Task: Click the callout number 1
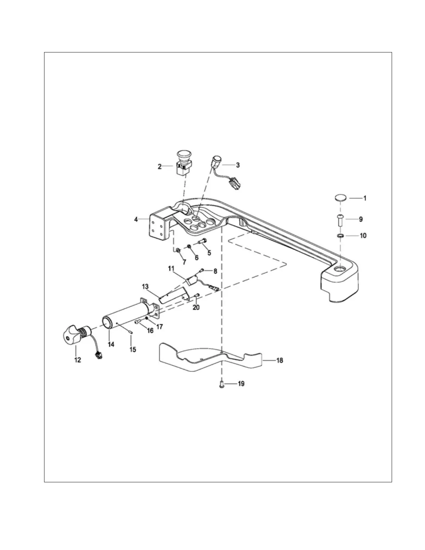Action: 365,198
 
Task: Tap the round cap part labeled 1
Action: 341,198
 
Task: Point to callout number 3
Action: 237,165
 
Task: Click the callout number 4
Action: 136,219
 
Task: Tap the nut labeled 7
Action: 177,250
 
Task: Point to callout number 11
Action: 171,268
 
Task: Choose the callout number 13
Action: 145,286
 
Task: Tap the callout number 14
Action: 111,344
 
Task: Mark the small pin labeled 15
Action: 129,332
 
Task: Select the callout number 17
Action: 160,327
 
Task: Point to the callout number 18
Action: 280,360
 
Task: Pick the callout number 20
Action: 196,307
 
